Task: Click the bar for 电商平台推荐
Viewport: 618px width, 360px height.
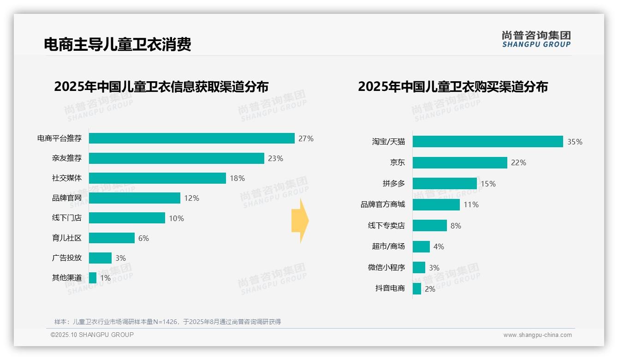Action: (191, 138)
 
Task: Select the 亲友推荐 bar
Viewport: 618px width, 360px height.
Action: (176, 158)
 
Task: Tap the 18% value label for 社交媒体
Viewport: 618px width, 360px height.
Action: (237, 178)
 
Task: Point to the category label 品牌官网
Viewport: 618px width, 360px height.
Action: (66, 198)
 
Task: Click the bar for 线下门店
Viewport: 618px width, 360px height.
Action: (127, 218)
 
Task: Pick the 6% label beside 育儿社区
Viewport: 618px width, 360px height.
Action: (143, 238)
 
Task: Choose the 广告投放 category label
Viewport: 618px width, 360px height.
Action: (66, 258)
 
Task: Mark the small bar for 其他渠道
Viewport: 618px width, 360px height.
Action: (93, 278)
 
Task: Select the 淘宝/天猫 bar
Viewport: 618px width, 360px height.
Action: (487, 142)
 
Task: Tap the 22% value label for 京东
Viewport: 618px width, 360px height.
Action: (518, 162)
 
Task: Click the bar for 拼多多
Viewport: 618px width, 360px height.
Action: (445, 184)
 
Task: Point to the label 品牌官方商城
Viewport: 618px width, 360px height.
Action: (382, 204)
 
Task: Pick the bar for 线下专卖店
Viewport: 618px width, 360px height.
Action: (429, 226)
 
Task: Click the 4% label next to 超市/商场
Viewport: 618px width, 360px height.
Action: (439, 247)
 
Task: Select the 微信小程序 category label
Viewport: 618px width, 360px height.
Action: (386, 268)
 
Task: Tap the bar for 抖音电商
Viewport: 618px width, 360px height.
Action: (417, 289)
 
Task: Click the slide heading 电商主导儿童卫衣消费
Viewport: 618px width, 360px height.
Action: (117, 44)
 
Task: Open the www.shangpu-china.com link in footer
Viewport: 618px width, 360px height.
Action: (537, 335)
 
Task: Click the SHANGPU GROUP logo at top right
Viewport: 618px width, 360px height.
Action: (536, 39)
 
